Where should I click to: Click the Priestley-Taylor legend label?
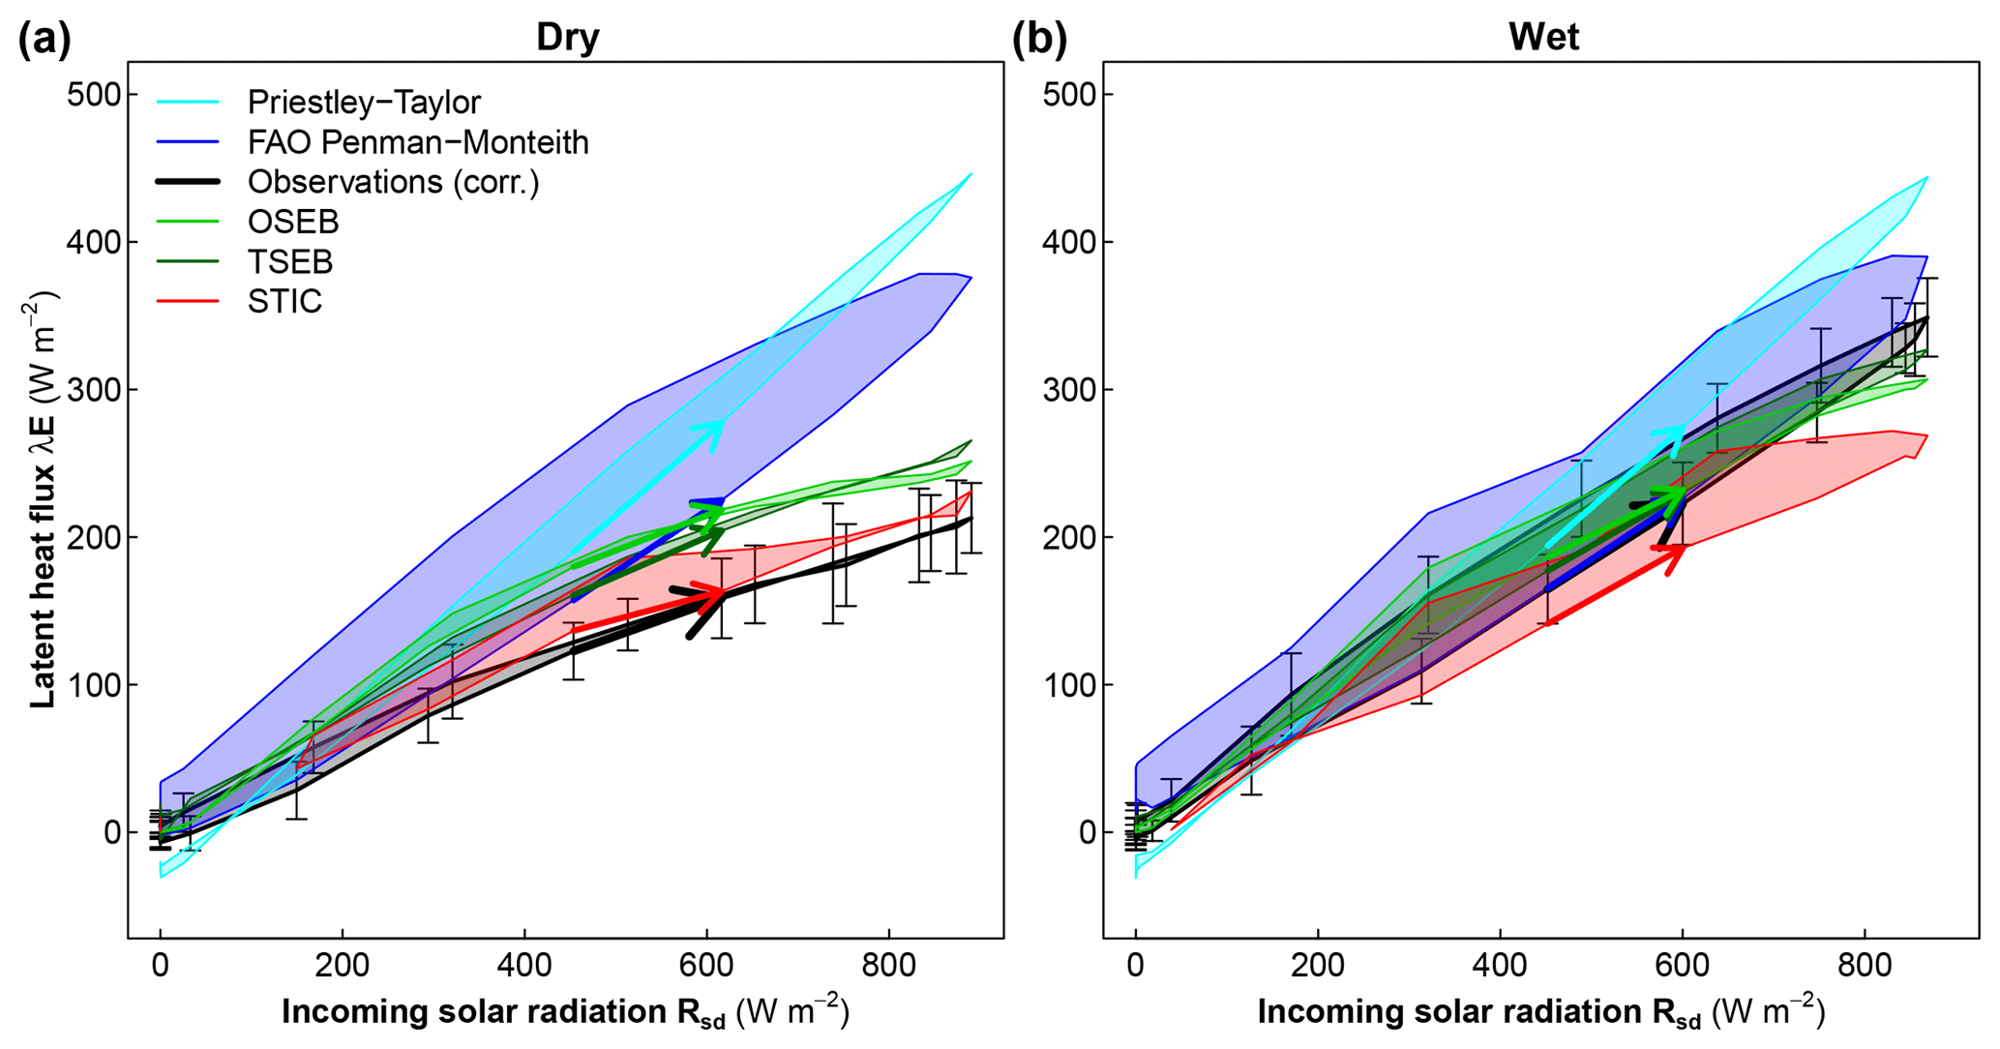(x=364, y=102)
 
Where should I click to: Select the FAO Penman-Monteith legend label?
(x=418, y=142)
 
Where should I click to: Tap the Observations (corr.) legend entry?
(x=393, y=182)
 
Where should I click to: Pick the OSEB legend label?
(x=293, y=222)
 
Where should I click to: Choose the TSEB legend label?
(x=290, y=261)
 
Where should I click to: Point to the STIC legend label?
(x=284, y=301)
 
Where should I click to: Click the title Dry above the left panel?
(x=568, y=37)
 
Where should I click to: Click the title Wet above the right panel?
(x=1543, y=37)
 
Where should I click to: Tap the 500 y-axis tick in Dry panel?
(x=95, y=95)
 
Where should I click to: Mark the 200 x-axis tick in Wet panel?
(x=1317, y=965)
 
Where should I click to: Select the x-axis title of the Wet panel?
(x=1540, y=1012)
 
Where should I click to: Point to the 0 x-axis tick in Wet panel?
(x=1135, y=965)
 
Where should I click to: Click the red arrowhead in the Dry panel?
(x=716, y=594)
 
